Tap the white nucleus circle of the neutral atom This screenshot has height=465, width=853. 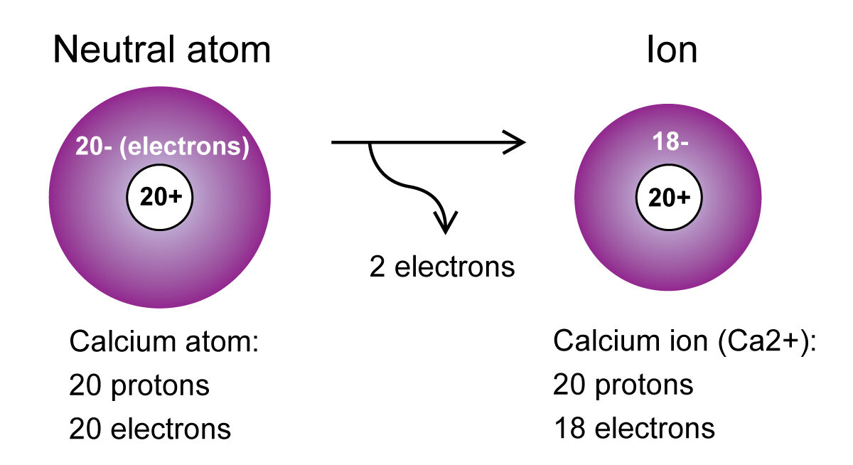pyautogui.click(x=160, y=198)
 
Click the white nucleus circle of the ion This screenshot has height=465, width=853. pyautogui.click(x=667, y=198)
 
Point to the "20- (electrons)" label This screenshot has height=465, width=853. pyautogui.click(x=162, y=149)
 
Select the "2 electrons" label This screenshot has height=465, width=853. pyautogui.click(x=441, y=267)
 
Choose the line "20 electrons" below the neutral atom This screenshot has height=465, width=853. pyautogui.click(x=150, y=429)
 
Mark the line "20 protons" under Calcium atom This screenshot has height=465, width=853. pyautogui.click(x=139, y=385)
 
